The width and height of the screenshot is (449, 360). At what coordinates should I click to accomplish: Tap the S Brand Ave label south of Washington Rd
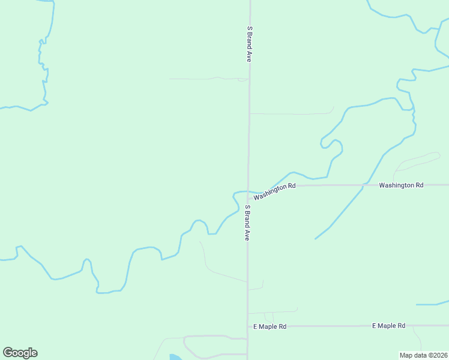[247, 223]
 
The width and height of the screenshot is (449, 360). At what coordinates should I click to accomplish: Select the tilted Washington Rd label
[274, 191]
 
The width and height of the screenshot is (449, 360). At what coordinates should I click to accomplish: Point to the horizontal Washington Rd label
[401, 185]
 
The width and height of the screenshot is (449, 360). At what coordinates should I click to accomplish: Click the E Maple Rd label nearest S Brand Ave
[270, 326]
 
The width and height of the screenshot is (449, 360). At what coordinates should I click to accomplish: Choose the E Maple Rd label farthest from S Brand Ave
[388, 326]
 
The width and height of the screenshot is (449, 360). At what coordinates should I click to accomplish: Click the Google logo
[20, 353]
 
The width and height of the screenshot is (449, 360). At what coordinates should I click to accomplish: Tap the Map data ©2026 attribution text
[423, 355]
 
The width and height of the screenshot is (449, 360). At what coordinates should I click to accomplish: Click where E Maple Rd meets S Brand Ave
[248, 326]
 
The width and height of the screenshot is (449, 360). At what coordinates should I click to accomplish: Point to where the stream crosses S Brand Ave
[248, 192]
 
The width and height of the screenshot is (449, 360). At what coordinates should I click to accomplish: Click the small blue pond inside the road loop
[175, 357]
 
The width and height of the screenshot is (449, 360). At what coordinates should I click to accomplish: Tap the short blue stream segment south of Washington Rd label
[432, 304]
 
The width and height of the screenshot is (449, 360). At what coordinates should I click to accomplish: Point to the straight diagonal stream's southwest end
[316, 238]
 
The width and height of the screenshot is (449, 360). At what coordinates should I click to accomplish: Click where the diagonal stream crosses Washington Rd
[363, 185]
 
